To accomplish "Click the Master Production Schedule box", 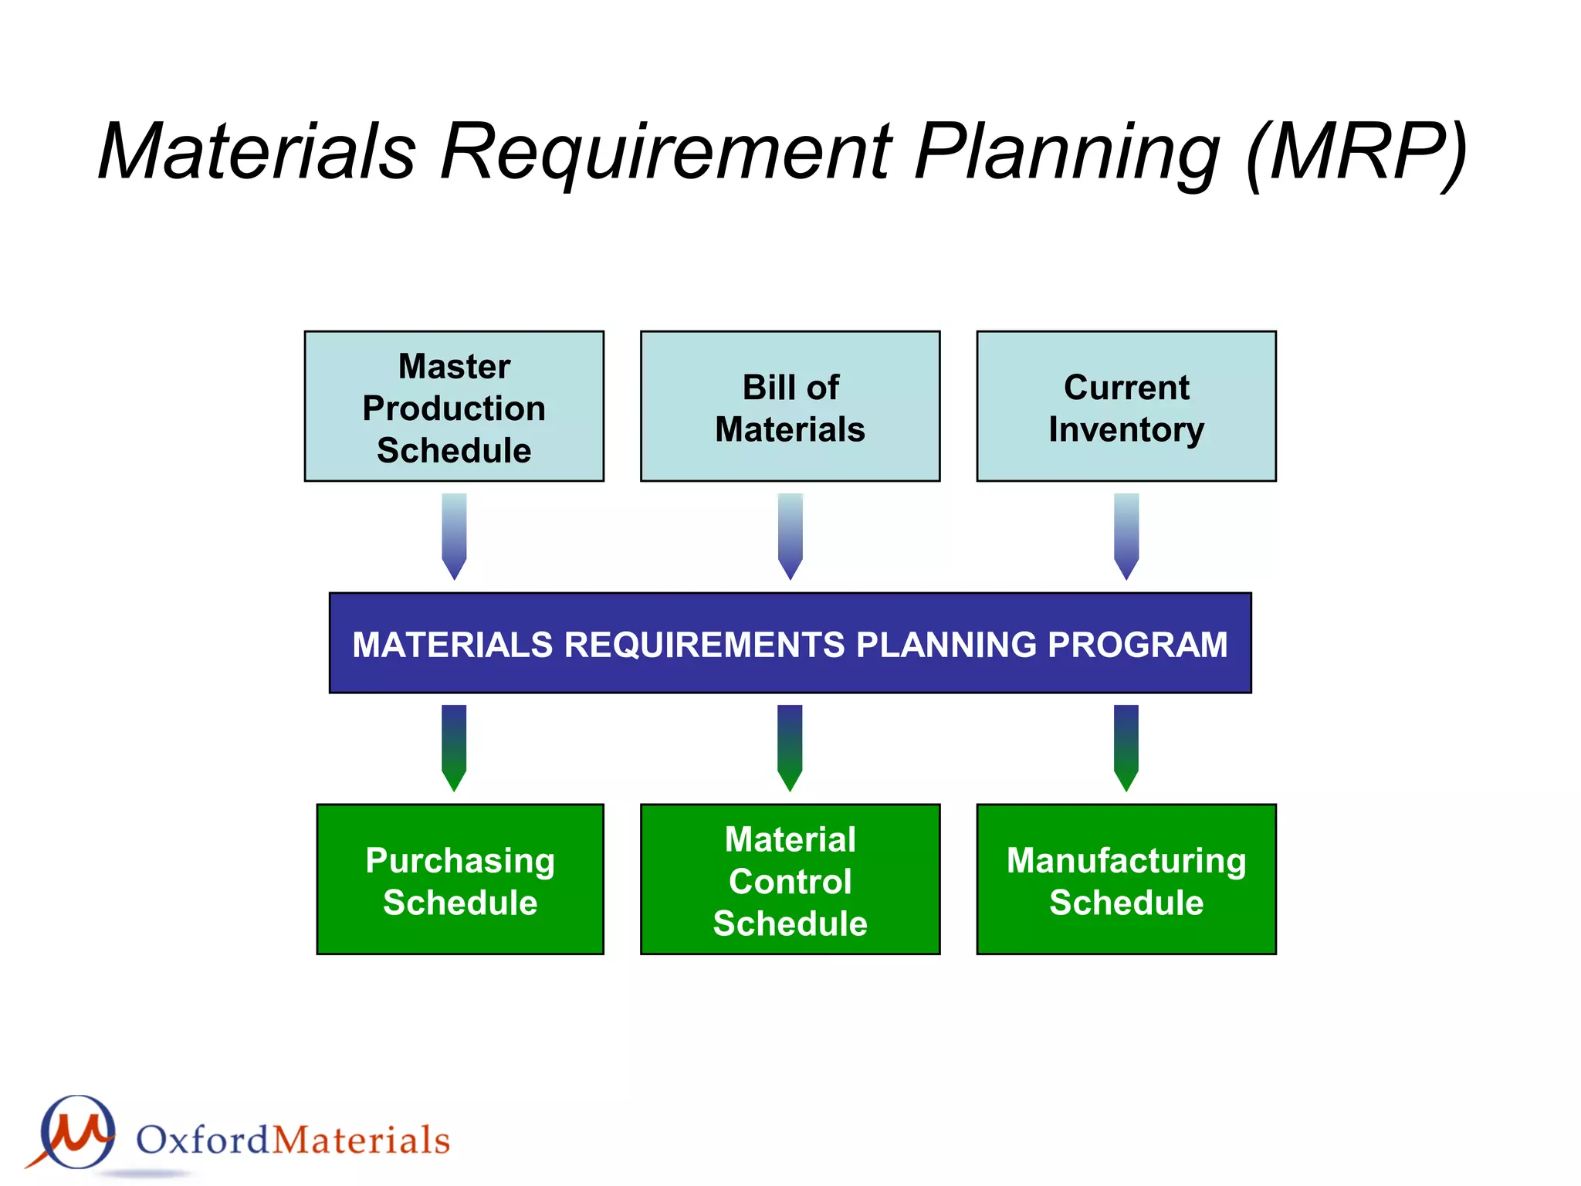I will (454, 407).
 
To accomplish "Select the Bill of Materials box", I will (790, 407).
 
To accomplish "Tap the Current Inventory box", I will (1126, 407).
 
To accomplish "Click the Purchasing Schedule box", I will (460, 879).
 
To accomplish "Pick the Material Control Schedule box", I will (790, 879).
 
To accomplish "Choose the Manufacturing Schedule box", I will (1126, 879).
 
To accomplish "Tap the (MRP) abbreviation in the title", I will (1356, 152).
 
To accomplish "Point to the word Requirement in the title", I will (665, 152).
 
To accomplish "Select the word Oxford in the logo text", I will (203, 1140).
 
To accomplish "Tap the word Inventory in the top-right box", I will (1126, 430).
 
